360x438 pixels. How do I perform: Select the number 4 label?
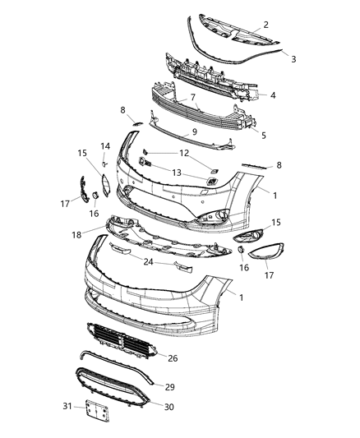(x=272, y=95)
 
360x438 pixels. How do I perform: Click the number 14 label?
(x=104, y=146)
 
